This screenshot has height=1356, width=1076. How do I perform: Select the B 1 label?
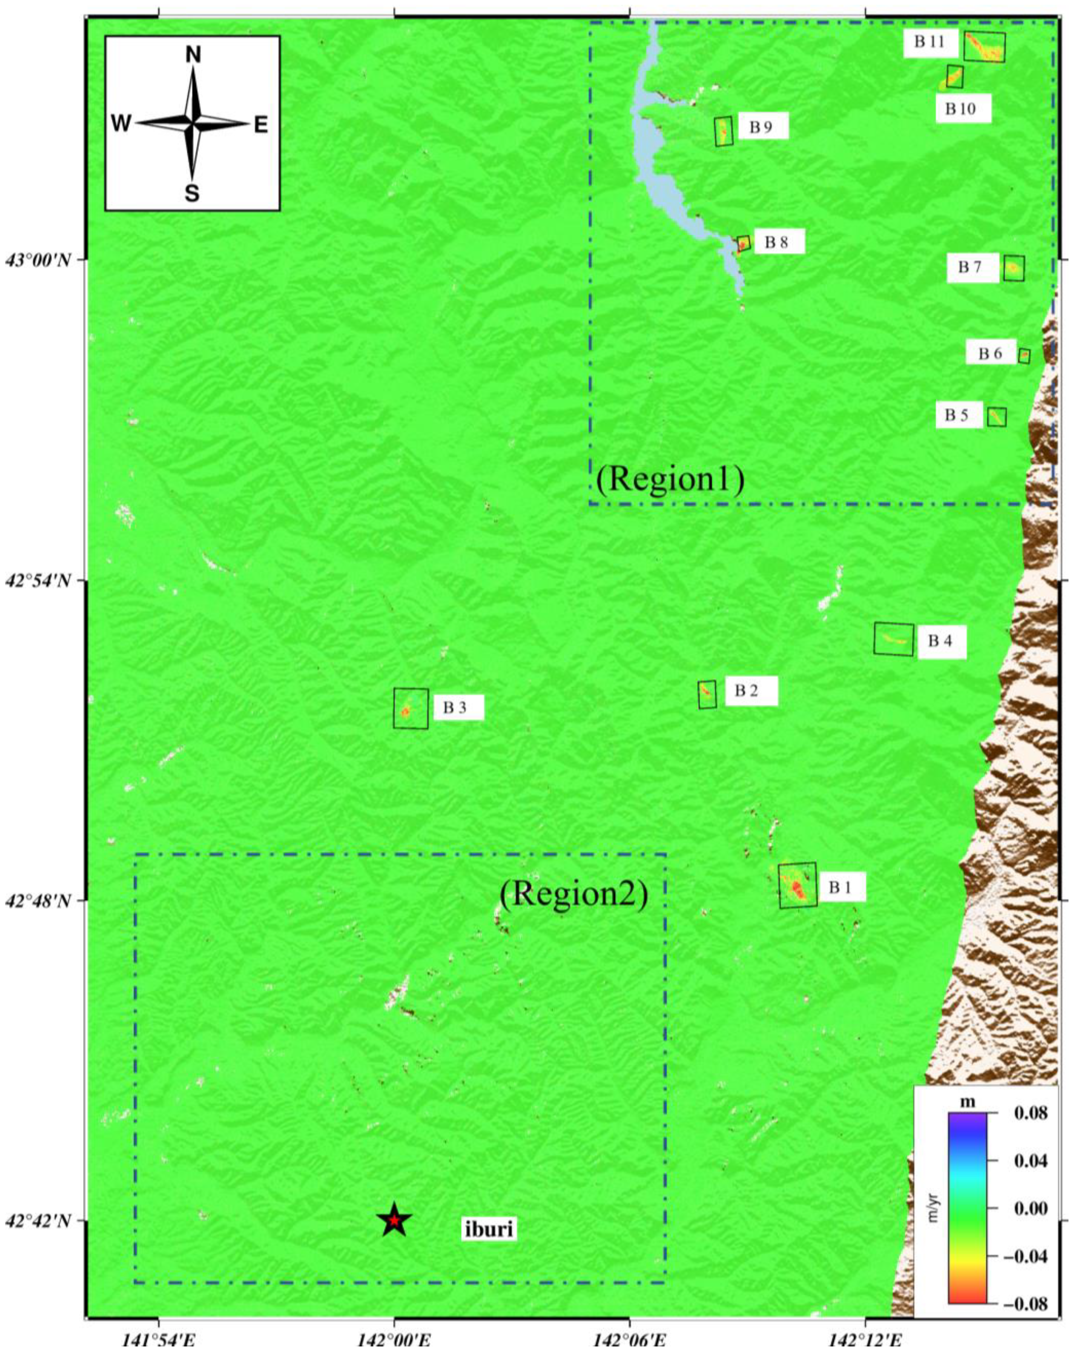click(x=840, y=888)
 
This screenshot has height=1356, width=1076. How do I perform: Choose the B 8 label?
click(x=776, y=242)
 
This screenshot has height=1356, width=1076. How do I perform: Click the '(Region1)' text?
click(x=670, y=479)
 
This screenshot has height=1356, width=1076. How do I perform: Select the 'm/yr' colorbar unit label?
click(x=933, y=1208)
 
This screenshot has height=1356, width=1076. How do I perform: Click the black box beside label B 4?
click(x=893, y=640)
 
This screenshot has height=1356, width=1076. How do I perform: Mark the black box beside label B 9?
click(x=724, y=131)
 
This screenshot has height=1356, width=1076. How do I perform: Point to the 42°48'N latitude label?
click(x=41, y=901)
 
